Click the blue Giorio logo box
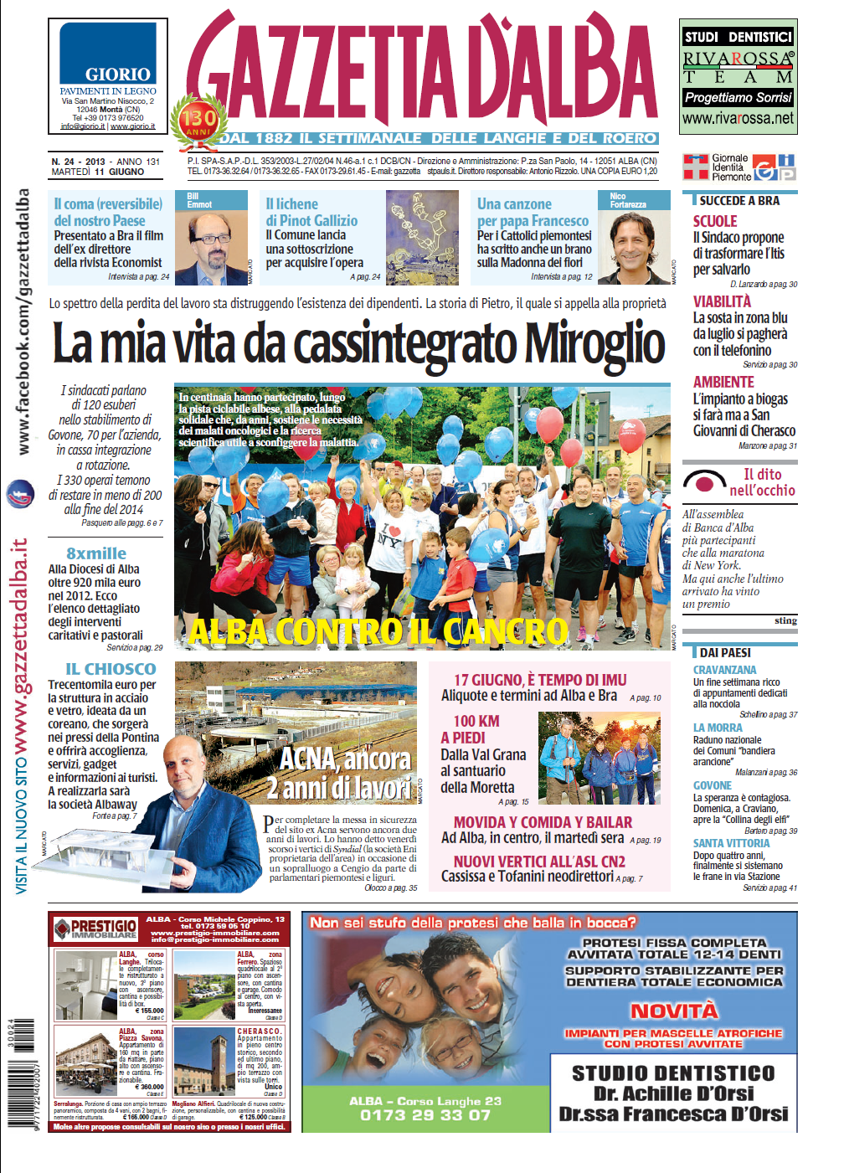point(107,54)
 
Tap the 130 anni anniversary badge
point(198,121)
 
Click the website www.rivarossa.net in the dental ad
point(738,119)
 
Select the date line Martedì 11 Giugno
point(97,172)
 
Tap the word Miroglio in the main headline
point(594,344)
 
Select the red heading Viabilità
point(722,301)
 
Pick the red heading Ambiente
point(723,382)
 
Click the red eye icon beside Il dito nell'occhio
point(704,483)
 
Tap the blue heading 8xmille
point(96,553)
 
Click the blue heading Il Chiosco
point(111,669)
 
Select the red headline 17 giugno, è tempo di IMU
point(540,680)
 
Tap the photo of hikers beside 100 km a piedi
point(599,758)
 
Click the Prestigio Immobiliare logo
point(95,929)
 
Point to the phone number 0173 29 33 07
point(425,1114)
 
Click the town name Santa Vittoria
point(731,843)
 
